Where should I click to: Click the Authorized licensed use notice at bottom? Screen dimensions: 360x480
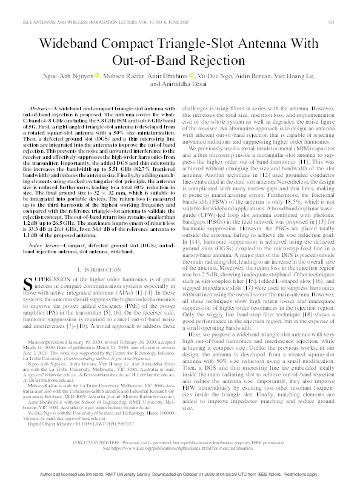180,472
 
